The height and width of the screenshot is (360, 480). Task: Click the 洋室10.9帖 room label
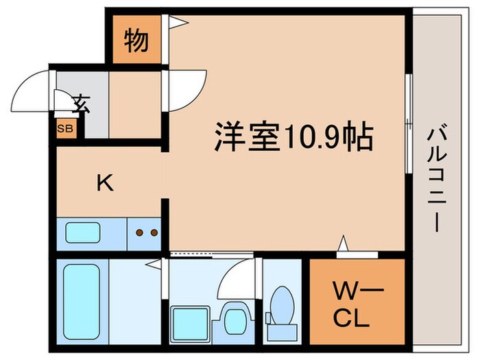tap(294, 137)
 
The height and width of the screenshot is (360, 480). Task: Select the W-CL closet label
tap(354, 307)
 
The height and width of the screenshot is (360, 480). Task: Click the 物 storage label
tap(136, 42)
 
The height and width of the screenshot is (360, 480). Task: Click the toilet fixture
tap(281, 306)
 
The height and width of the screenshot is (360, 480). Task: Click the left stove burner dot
tap(140, 232)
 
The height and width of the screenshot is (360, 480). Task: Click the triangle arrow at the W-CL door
tap(343, 243)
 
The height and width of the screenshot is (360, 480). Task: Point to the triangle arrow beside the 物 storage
tap(177, 23)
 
